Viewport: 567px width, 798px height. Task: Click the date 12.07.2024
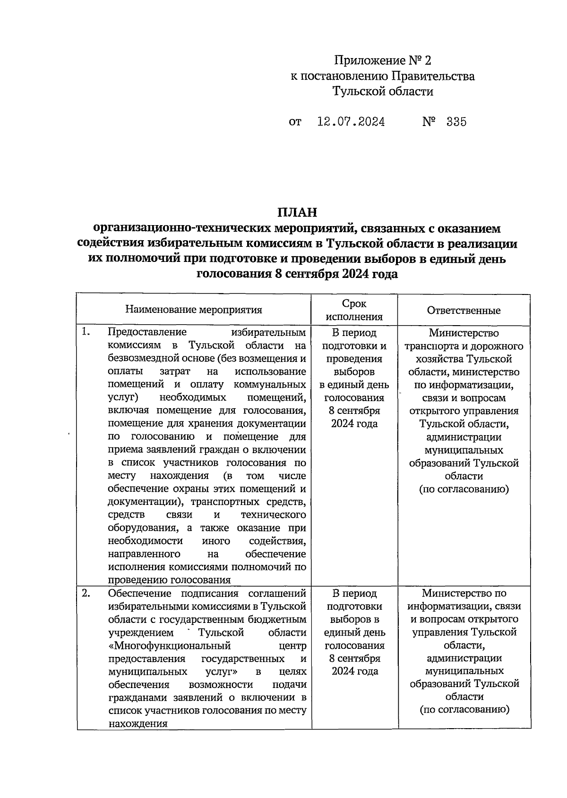click(x=351, y=122)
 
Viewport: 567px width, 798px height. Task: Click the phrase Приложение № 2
click(x=383, y=61)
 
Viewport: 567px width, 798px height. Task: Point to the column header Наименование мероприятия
click(x=194, y=310)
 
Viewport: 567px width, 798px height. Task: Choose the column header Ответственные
click(x=464, y=310)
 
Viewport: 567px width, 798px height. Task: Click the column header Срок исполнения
click(x=354, y=310)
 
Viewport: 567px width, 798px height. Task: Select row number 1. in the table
click(x=85, y=332)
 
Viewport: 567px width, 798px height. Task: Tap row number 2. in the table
click(x=86, y=593)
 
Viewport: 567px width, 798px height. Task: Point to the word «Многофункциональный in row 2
click(x=169, y=645)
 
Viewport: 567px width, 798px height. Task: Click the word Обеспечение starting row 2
click(x=137, y=593)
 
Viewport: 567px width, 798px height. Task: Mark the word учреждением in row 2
click(x=141, y=632)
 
